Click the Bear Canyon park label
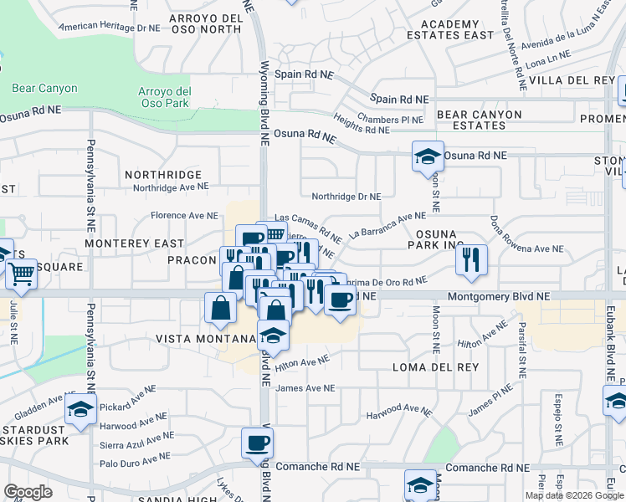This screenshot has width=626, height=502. (44, 88)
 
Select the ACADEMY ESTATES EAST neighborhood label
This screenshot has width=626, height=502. (450, 30)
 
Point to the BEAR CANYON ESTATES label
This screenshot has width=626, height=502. (479, 120)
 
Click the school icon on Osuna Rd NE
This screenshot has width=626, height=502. (426, 156)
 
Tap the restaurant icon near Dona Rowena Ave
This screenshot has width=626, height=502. (471, 259)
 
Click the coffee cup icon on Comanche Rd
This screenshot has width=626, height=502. (257, 443)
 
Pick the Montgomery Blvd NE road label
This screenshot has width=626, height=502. (499, 296)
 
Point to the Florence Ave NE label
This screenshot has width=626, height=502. (184, 215)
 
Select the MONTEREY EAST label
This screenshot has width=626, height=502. (136, 243)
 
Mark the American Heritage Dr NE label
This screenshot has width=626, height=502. (109, 28)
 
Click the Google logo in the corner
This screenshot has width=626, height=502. (28, 492)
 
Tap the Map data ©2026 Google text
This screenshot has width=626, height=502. (574, 495)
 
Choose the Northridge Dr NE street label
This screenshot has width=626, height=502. (346, 197)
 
